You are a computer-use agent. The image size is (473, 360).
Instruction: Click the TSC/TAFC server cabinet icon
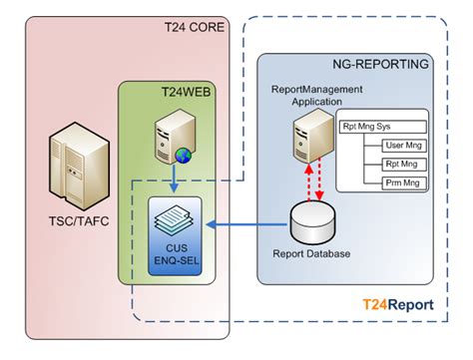[69, 165]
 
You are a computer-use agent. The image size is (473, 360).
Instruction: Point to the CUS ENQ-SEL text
[176, 252]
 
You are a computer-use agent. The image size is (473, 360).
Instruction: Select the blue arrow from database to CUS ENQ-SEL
[248, 226]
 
